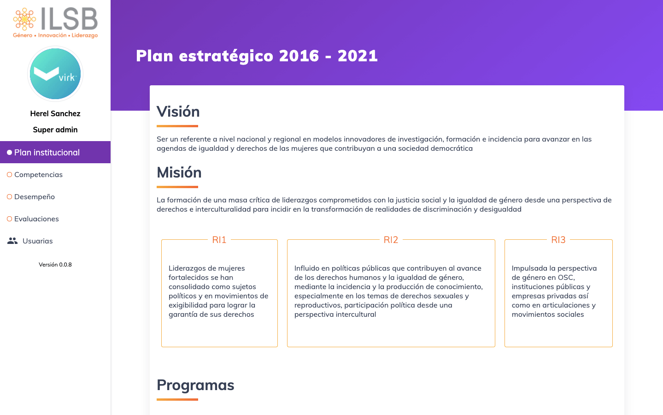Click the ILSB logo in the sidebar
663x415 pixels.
[55, 22]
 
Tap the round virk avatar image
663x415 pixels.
[55, 74]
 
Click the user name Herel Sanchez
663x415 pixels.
[55, 113]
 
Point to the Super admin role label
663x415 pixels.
[55, 130]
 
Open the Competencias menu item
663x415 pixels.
[38, 174]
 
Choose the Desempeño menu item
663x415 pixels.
[35, 196]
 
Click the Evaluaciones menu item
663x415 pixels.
[36, 219]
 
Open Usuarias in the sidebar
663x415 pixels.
[38, 241]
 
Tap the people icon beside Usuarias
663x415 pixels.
[12, 241]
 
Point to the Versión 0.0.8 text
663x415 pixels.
[55, 265]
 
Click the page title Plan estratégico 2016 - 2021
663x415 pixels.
[257, 56]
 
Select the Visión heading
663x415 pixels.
[178, 112]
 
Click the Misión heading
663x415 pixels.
[179, 172]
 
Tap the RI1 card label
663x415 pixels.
[219, 240]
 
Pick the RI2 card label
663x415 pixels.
[391, 240]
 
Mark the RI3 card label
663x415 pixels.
[558, 240]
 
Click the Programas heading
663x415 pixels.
[195, 385]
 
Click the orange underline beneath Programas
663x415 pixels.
[177, 399]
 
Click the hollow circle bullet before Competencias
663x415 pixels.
[9, 174]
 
